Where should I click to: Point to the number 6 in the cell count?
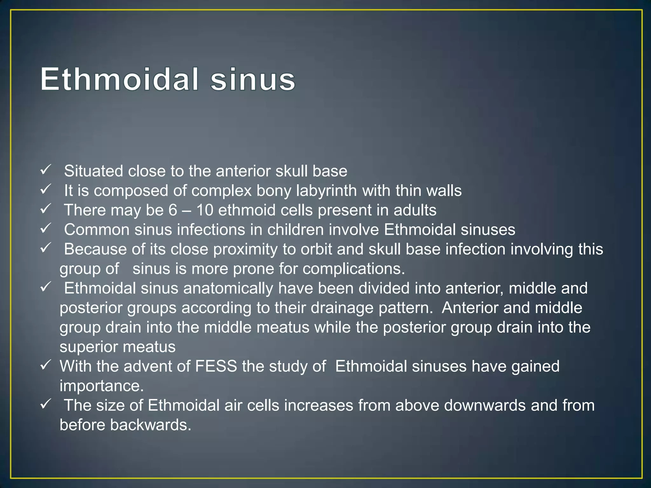[x=173, y=210]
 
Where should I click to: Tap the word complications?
[x=354, y=269]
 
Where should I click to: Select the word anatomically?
[x=228, y=288]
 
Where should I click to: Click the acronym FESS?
[x=216, y=366]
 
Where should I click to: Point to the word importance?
[x=102, y=386]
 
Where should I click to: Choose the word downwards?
[x=485, y=405]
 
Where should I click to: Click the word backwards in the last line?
[x=151, y=425]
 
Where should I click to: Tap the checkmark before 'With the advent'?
[x=45, y=365]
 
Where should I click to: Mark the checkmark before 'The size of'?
[x=45, y=404]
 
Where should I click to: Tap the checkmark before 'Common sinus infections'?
[x=45, y=228]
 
